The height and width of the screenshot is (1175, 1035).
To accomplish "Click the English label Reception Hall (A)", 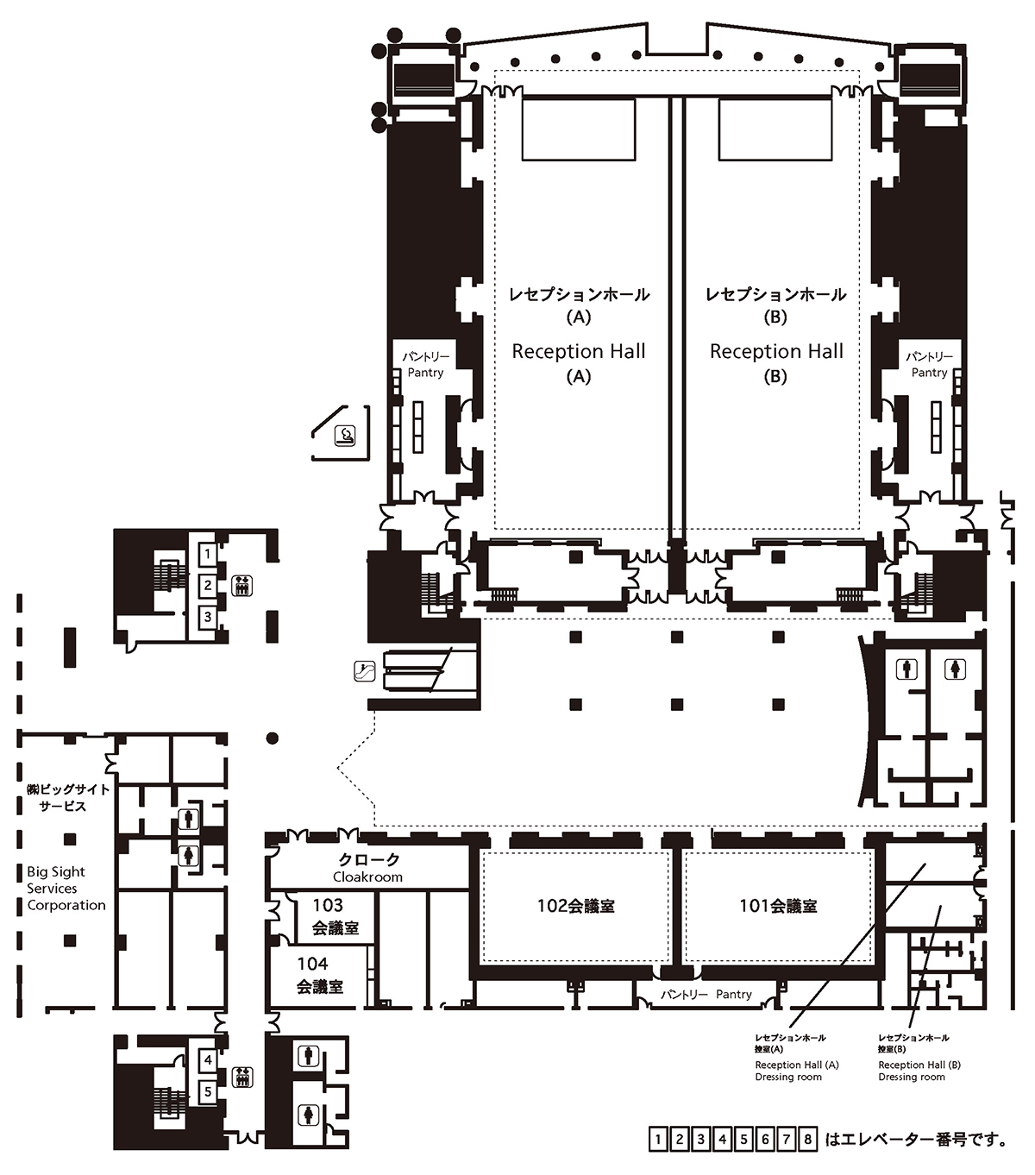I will coord(579,362).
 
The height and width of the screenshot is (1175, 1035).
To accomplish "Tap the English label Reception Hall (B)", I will coord(776,362).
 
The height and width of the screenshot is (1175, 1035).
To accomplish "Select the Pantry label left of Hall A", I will coord(425,365).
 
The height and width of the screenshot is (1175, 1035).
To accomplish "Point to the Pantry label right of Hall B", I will coord(929,365).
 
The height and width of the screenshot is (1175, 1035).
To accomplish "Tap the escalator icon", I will coord(365,669).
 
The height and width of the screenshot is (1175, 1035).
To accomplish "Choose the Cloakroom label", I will coord(368,869).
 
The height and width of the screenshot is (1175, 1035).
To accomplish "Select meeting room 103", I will coord(335,916).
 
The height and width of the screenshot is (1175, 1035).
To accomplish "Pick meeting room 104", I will coord(320,975).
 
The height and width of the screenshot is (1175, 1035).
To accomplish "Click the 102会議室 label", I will coord(575,906).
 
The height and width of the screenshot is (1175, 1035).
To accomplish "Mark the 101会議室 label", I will coord(778,906).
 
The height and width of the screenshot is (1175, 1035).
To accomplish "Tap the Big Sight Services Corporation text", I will coord(66,889).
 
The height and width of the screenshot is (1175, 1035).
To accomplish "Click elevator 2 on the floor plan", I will coord(208,586).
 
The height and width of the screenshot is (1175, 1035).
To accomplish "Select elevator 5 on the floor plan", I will coord(208,1091).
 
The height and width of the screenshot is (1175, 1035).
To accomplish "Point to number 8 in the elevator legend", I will coord(808,1140).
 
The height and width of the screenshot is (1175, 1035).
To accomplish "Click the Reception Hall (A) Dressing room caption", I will coord(795,1071).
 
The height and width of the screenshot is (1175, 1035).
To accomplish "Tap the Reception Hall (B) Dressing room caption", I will coord(919,1071).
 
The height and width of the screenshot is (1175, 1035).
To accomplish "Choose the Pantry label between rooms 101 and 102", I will coord(706,995).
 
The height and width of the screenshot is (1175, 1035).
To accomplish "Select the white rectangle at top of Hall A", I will coord(579,129).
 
